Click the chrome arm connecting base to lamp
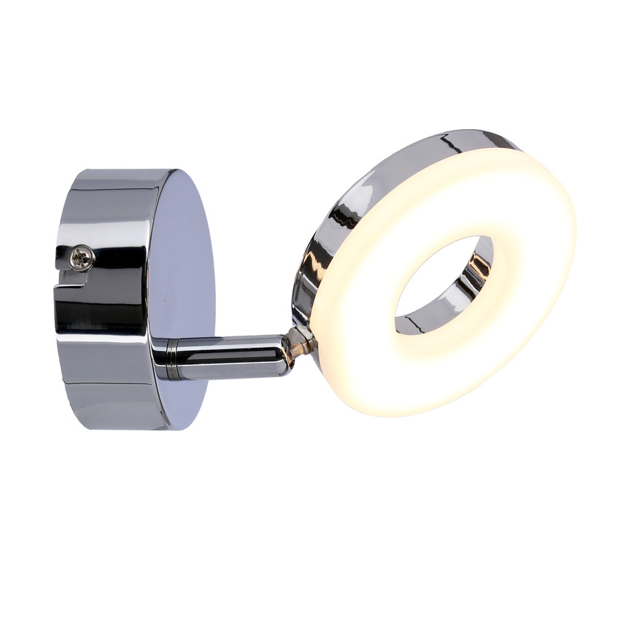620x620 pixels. coord(226,356)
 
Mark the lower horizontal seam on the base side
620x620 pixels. coord(109,383)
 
